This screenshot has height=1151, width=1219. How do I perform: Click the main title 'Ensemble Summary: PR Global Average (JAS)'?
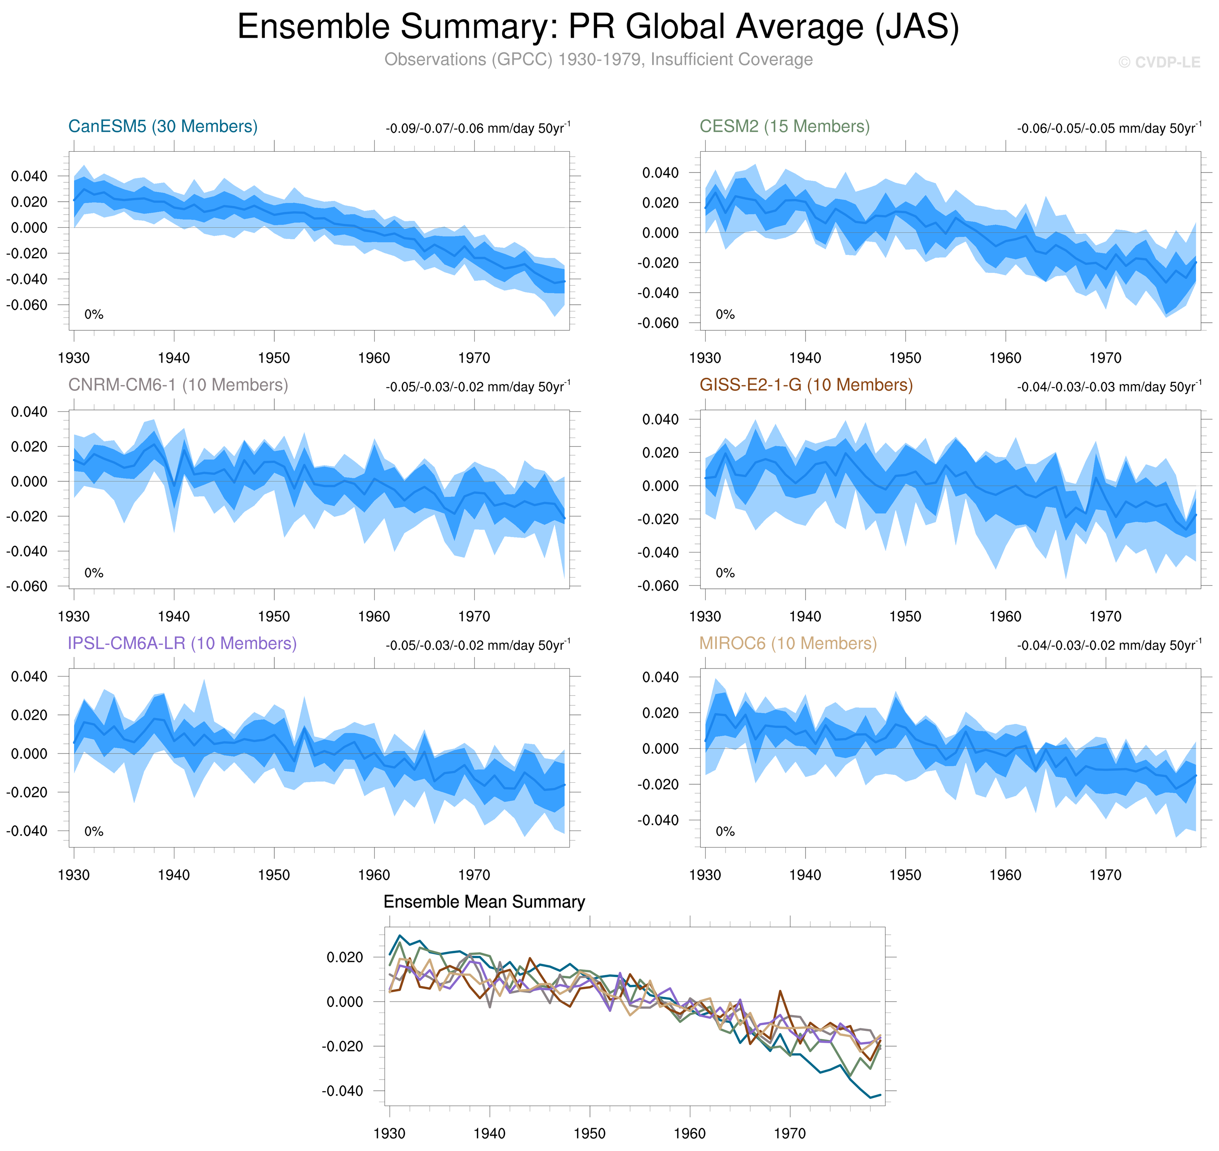click(x=598, y=27)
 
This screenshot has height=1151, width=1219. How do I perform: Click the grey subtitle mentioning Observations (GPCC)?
click(x=598, y=60)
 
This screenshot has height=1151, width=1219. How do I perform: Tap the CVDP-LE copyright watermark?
click(x=1158, y=63)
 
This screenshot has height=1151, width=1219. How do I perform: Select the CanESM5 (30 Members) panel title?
click(x=162, y=127)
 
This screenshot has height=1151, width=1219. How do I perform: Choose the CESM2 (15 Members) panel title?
click(x=784, y=127)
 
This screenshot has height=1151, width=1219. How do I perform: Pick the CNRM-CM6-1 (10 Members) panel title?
click(x=178, y=385)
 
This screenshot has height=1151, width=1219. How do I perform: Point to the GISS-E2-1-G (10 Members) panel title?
click(x=806, y=385)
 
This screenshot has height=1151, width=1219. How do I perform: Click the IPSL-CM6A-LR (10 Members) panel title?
click(x=182, y=643)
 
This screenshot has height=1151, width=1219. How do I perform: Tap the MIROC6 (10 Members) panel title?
click(x=788, y=643)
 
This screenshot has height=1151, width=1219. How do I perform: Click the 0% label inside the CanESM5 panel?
click(x=94, y=315)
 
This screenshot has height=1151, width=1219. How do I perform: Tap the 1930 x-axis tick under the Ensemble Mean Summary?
click(x=389, y=1133)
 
